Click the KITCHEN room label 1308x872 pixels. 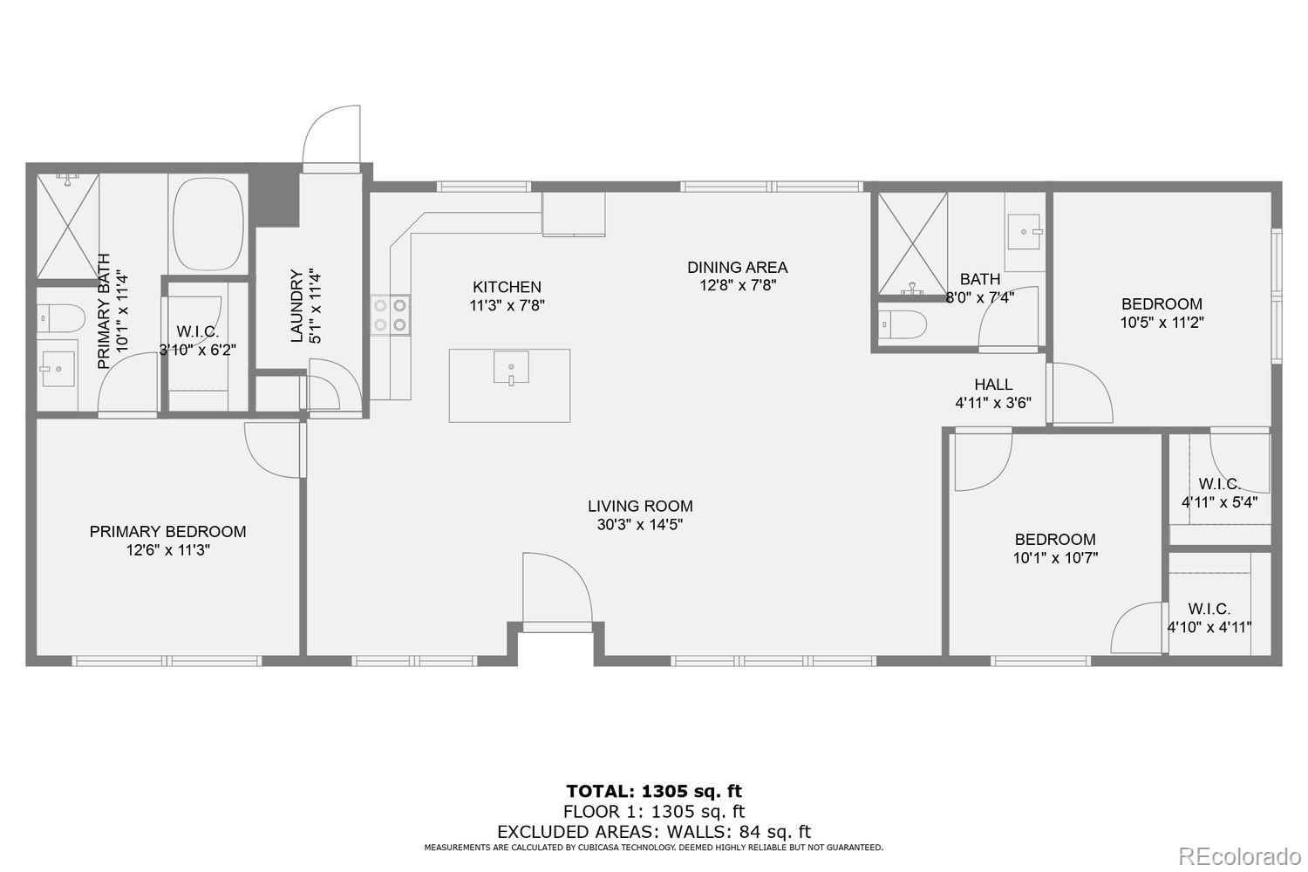click(507, 287)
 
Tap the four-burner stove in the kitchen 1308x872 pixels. click(391, 315)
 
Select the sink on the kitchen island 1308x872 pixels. click(511, 367)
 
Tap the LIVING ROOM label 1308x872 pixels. click(640, 506)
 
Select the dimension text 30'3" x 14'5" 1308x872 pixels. click(640, 525)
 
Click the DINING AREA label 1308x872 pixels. click(737, 268)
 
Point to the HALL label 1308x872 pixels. click(993, 385)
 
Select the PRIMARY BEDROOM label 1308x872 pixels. click(167, 532)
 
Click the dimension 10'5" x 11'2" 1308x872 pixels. click(1162, 322)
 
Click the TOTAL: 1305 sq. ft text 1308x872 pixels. click(654, 792)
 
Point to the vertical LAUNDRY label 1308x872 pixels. click(297, 305)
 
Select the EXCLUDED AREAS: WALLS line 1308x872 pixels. click(654, 832)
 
